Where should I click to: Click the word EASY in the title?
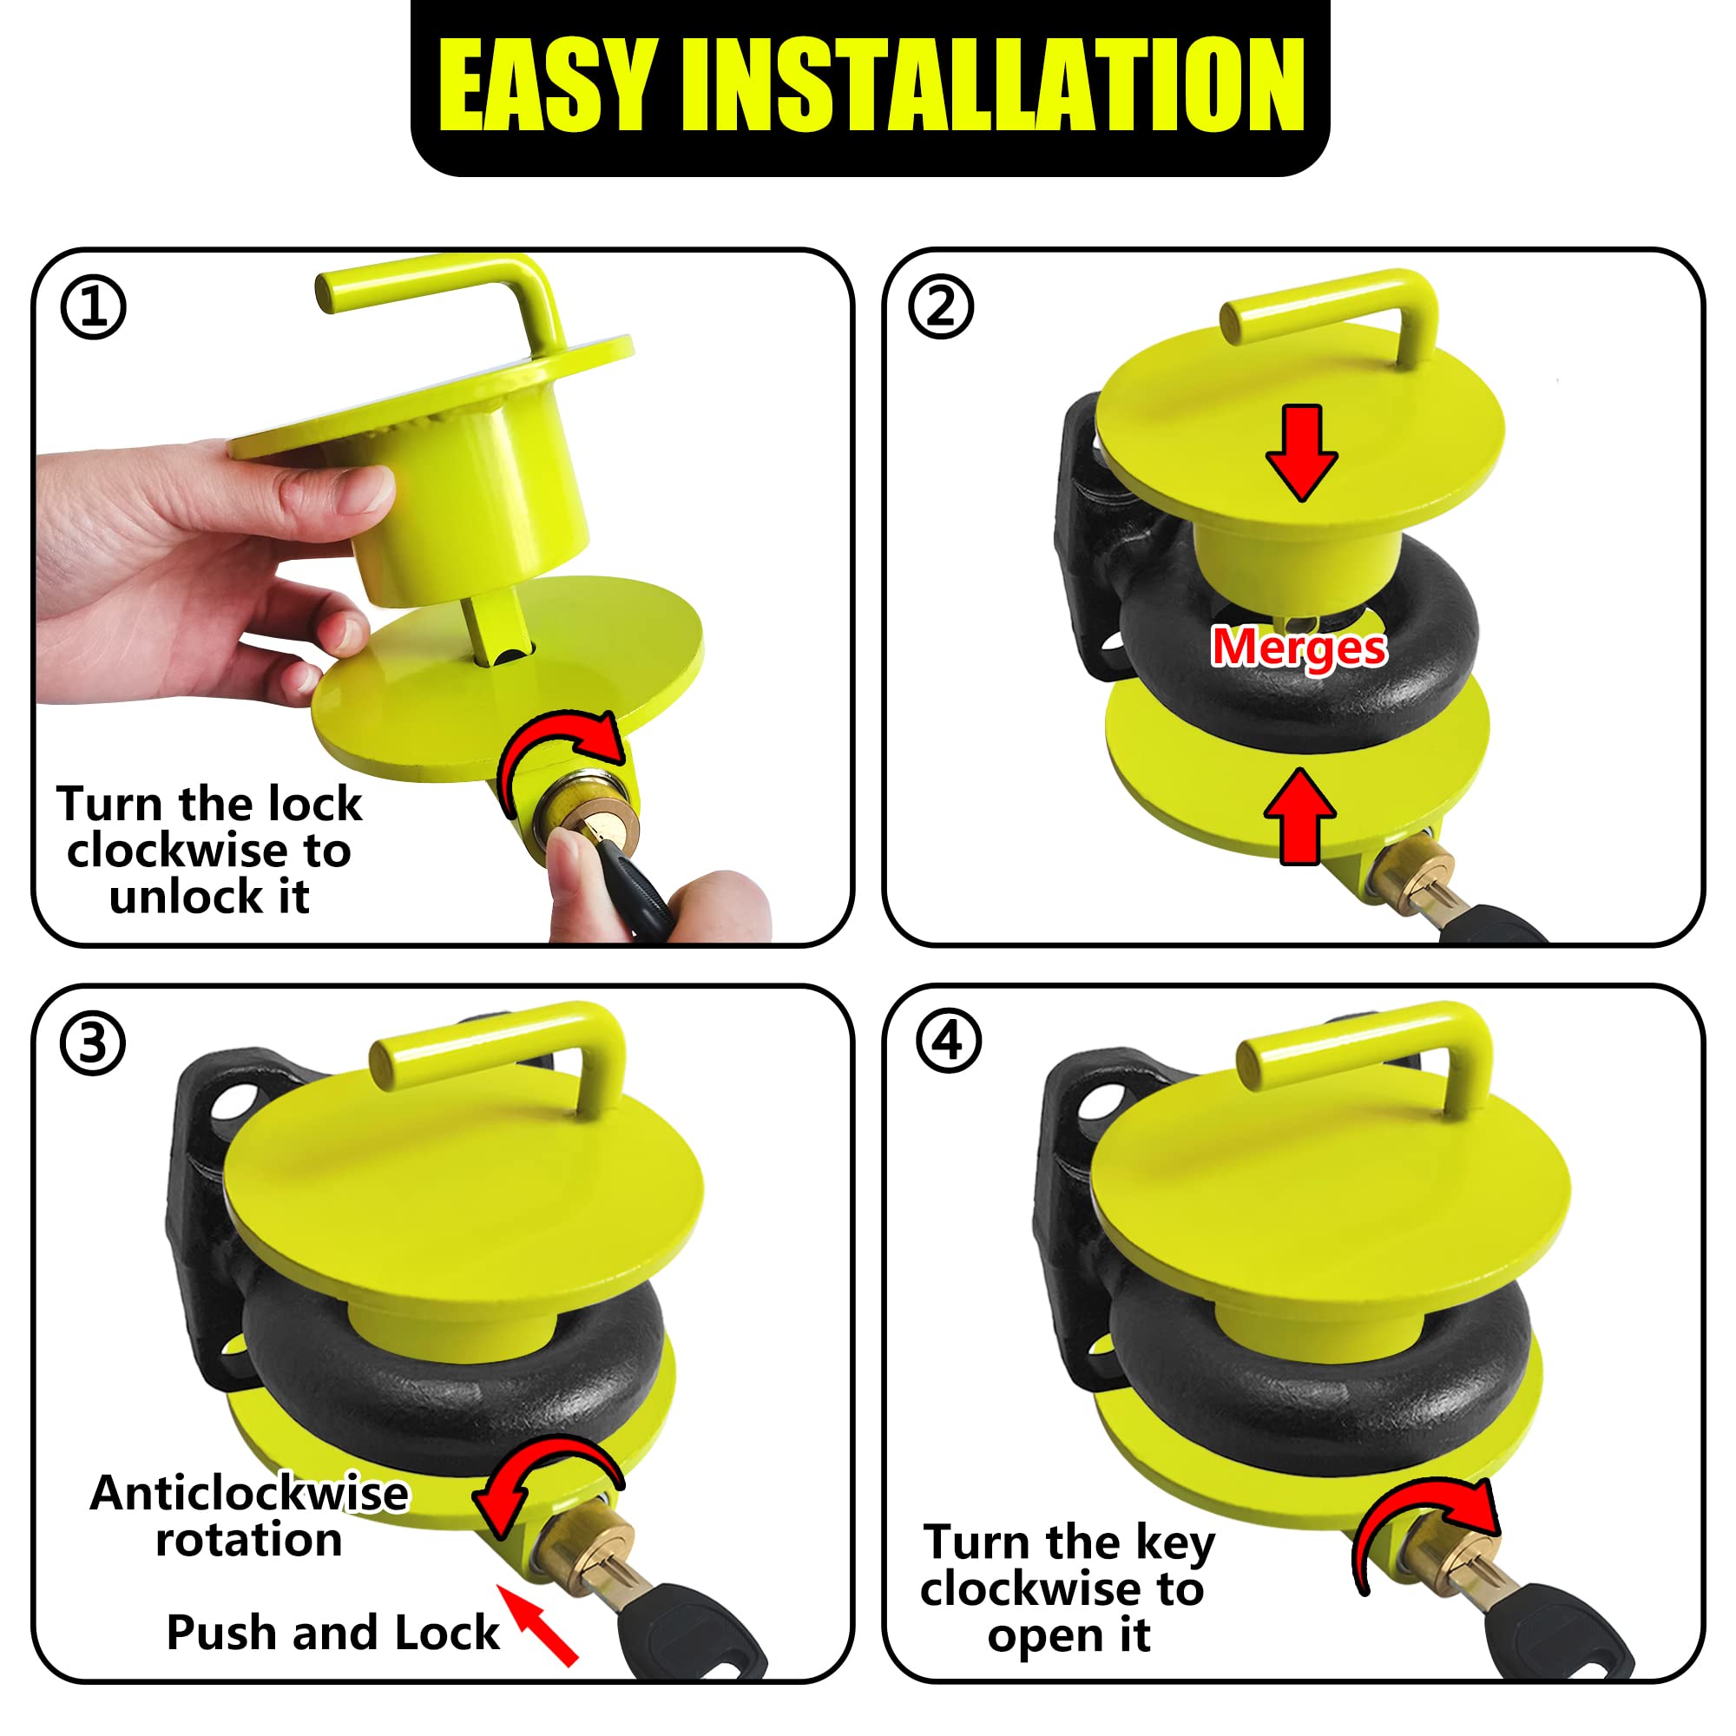point(544,87)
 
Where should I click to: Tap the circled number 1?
point(94,307)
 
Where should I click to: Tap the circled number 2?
point(941,307)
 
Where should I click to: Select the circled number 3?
point(93,1043)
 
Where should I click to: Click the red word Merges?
point(1299,647)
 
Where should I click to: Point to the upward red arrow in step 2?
point(1299,816)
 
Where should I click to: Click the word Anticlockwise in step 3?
point(249,1492)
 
